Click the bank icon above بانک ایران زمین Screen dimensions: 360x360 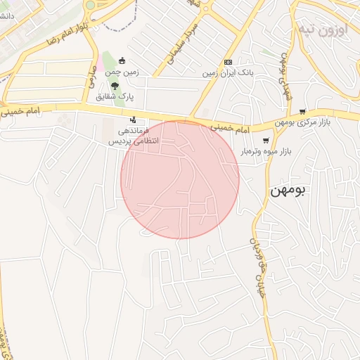point(227,62)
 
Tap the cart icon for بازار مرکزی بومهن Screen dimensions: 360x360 point(302,111)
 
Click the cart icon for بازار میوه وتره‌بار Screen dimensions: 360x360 point(265,141)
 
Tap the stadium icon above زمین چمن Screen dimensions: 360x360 point(122,61)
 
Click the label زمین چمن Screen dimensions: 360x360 point(122,72)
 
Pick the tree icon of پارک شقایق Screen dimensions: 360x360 point(115,85)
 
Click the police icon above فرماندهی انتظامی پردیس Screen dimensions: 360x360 point(133,120)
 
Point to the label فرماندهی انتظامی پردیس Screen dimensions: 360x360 point(134,136)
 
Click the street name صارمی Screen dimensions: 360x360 point(91,77)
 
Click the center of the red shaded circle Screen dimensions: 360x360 point(180,179)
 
